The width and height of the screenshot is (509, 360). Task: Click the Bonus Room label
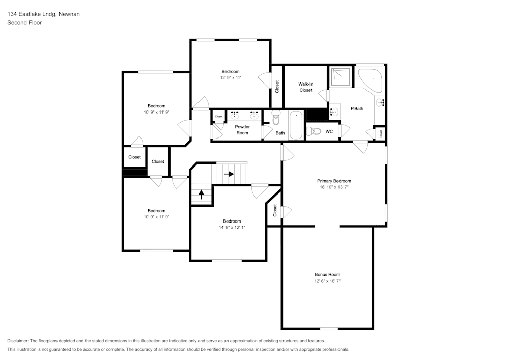click(x=327, y=274)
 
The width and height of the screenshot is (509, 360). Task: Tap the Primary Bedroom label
click(x=334, y=181)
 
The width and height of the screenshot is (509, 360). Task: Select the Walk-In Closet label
click(x=305, y=87)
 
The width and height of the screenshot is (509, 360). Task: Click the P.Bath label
click(x=357, y=108)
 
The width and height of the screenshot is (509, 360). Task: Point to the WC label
click(x=329, y=131)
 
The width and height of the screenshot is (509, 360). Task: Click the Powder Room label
click(x=242, y=130)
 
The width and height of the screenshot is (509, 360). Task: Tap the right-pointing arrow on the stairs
click(x=229, y=174)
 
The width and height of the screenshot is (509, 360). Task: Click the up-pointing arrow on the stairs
click(x=201, y=195)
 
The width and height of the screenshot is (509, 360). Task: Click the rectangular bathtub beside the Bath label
click(x=296, y=126)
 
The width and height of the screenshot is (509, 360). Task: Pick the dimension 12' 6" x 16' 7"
click(x=327, y=281)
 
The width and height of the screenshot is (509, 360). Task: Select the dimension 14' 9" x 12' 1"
click(x=232, y=228)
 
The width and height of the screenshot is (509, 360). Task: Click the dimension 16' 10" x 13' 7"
click(x=334, y=187)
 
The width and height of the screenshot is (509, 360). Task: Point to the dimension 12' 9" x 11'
click(x=230, y=78)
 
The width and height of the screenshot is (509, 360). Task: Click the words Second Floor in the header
click(x=24, y=23)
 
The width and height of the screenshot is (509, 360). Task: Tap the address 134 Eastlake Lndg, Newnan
click(x=43, y=14)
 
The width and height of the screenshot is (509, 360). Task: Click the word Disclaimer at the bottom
click(x=18, y=341)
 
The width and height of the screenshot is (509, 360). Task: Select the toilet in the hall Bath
click(x=276, y=118)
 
